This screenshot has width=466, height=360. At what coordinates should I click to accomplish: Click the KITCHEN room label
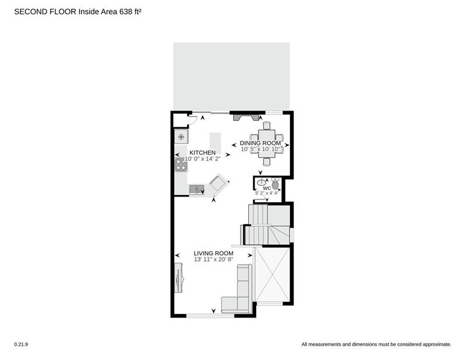pos(202,153)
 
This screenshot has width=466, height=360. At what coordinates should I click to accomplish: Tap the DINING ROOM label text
pos(260,143)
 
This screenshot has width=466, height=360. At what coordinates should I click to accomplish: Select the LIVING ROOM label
pos(213,253)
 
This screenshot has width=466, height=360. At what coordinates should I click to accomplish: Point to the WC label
pos(267,188)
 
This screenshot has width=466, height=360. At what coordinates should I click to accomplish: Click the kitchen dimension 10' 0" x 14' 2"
pos(202,159)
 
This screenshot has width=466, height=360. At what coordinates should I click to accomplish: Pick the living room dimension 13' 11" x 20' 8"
pos(213,259)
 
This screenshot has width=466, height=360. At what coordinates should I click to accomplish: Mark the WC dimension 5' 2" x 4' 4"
pos(267,193)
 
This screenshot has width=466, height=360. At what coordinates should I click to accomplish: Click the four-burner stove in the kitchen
pos(181,165)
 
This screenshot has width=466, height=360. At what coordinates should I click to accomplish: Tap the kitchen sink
pos(196,189)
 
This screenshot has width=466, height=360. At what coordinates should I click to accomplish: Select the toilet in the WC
pos(276,183)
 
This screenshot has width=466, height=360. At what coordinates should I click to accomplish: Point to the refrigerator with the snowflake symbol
pos(181,137)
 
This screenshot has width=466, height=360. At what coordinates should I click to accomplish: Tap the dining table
pos(267,143)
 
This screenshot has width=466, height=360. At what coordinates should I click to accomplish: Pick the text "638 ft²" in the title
pos(130,12)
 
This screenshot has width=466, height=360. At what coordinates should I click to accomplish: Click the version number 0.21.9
pos(21,344)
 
